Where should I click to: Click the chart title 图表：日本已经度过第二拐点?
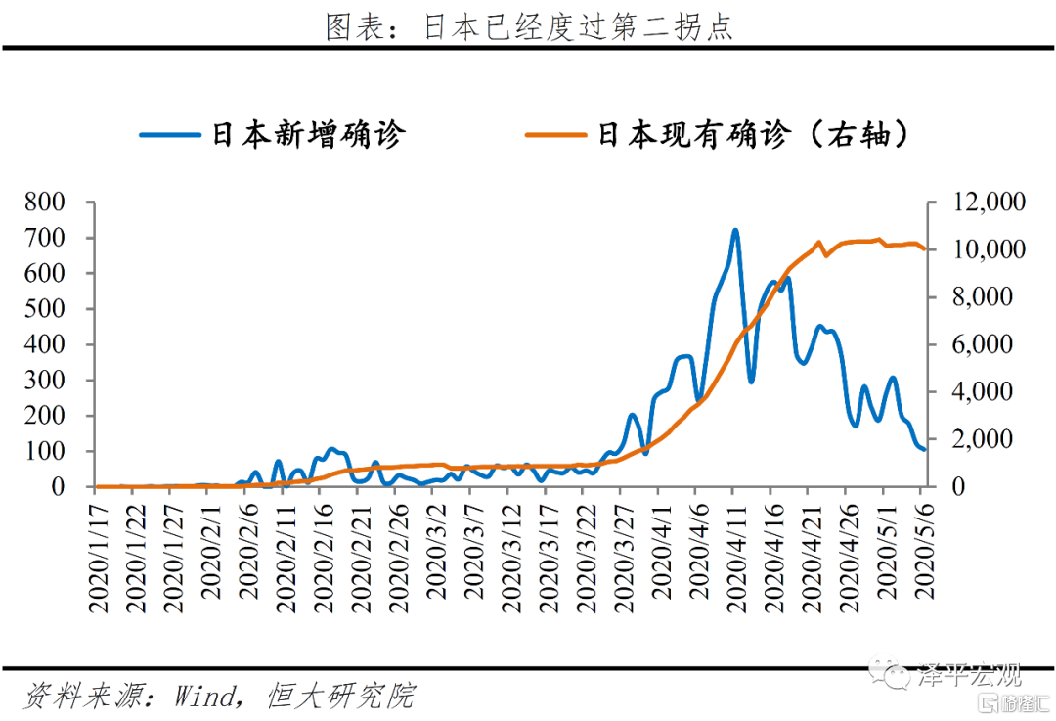tap(528, 26)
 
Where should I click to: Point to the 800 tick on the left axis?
tap(46, 203)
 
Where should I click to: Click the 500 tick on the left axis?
tap(46, 309)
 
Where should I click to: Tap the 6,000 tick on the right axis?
tap(982, 344)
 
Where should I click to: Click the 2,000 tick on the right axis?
tap(982, 439)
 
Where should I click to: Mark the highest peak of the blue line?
tap(734, 231)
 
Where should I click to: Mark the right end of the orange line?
tap(924, 249)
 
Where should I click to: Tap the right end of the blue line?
tap(924, 449)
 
